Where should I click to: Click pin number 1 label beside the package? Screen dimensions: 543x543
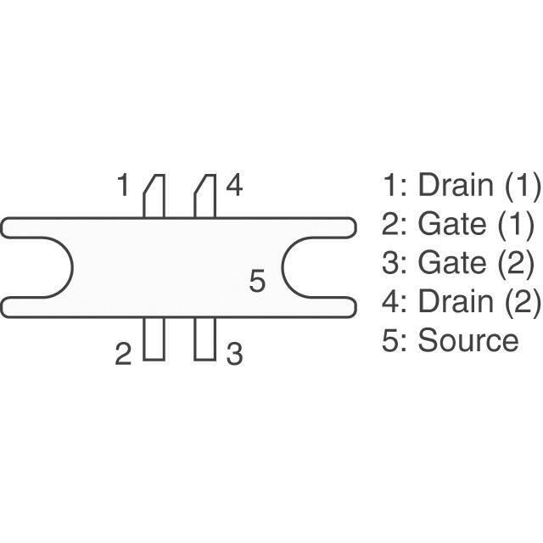tap(124, 185)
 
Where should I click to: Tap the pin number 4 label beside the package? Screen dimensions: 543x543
tap(234, 185)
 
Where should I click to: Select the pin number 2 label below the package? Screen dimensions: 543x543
tap(124, 354)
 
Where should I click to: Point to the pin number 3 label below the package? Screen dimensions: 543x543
tap(234, 354)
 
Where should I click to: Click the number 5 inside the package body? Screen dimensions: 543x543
tap(258, 281)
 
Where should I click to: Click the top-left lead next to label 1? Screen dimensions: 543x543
tap(154, 197)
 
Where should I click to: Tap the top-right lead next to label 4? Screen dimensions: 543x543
tap(204, 197)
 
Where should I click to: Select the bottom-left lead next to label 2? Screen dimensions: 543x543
tap(154, 339)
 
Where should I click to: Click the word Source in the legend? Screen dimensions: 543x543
tap(467, 340)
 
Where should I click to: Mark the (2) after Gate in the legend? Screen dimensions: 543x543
tap(515, 263)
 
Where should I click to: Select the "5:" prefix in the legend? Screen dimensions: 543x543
tap(395, 340)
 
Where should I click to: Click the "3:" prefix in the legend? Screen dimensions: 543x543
tap(395, 263)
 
